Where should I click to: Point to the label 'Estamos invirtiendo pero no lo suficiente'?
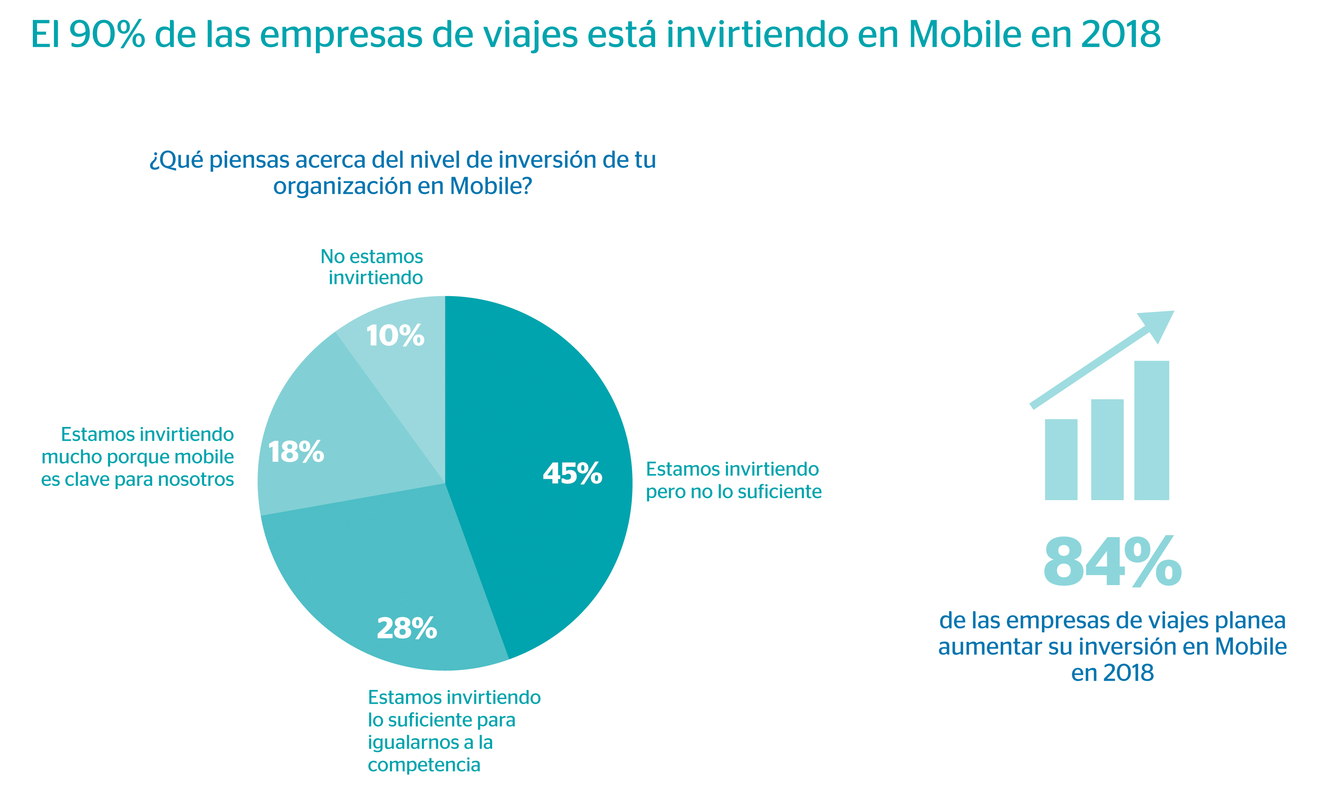(733, 480)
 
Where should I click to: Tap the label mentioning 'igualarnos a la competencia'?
(454, 730)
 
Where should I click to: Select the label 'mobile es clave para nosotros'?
(138, 456)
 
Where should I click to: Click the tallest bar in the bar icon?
(1151, 430)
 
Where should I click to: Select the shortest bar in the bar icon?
(1061, 459)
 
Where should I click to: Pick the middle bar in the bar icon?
(1107, 449)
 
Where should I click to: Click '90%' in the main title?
(107, 34)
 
